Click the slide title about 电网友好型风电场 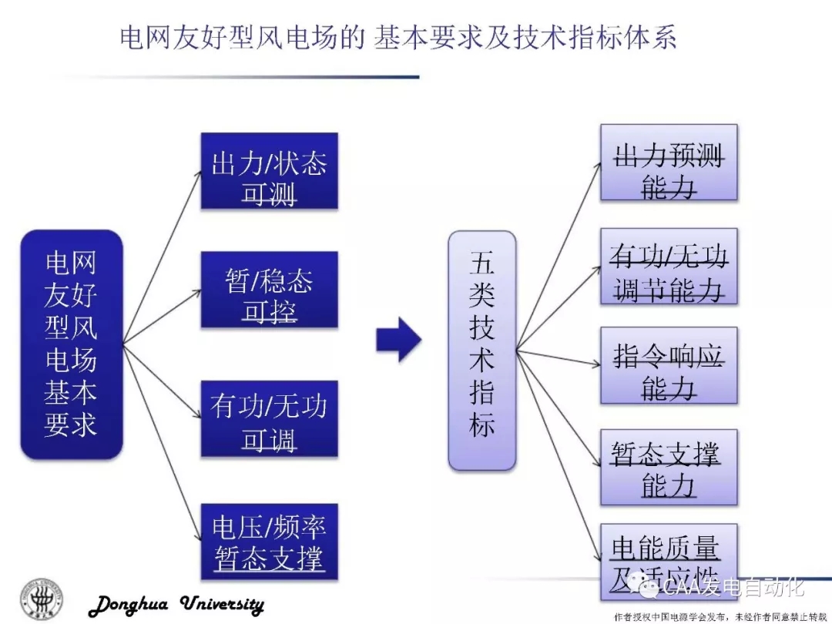pos(398,38)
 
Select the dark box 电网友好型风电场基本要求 pos(72,344)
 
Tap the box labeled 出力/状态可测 pos(269,171)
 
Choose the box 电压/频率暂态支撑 pos(269,542)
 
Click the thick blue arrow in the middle pos(398,339)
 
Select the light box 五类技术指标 pos(482,350)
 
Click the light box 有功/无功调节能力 pos(669,267)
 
